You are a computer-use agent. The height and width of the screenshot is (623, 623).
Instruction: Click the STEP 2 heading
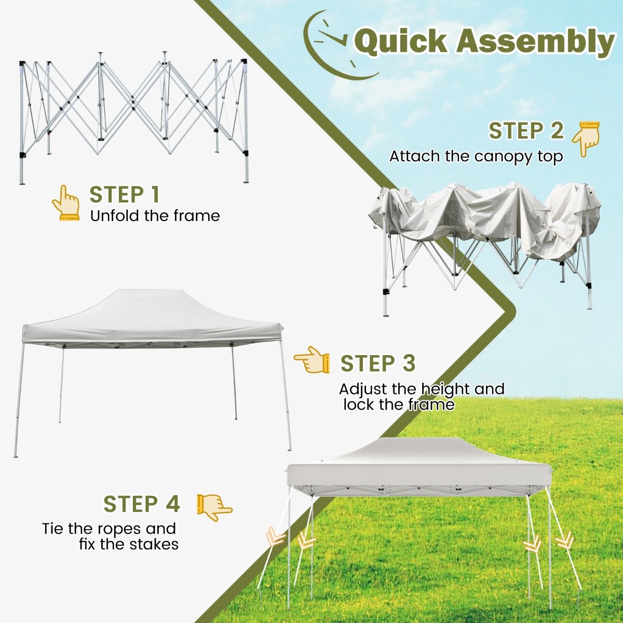tap(526, 131)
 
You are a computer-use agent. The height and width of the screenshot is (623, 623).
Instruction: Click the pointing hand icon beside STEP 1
tap(65, 203)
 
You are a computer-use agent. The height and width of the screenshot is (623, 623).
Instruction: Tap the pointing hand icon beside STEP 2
tap(586, 139)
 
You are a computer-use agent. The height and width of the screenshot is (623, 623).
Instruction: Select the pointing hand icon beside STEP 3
tap(311, 359)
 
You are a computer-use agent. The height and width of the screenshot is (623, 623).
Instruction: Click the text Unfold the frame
tap(155, 215)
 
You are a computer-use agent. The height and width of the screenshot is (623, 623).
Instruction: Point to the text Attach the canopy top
tap(476, 156)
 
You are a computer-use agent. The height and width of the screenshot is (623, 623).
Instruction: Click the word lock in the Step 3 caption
tap(358, 404)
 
